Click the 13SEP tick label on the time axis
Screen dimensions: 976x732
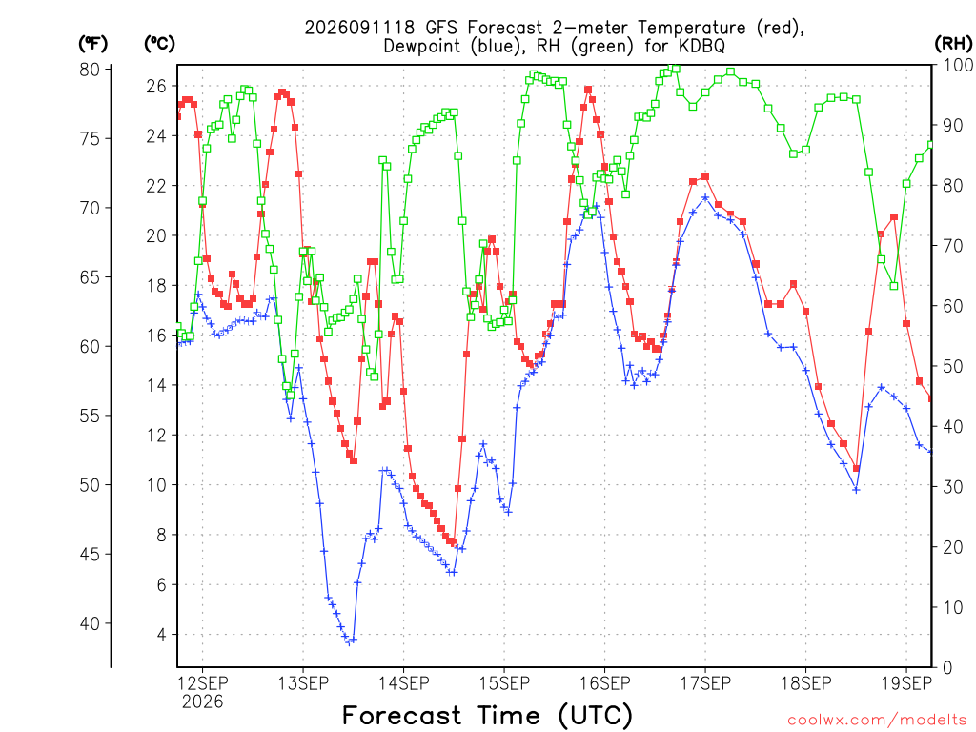(303, 683)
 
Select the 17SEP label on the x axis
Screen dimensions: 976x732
(705, 683)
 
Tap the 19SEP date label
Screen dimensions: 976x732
(907, 683)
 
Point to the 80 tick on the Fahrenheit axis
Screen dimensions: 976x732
(90, 69)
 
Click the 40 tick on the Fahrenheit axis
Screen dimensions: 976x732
(90, 623)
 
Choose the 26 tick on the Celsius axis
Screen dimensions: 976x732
(156, 86)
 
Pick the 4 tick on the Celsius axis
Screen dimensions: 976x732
(162, 635)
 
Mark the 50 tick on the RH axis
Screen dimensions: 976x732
(953, 366)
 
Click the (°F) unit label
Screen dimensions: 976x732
(92, 44)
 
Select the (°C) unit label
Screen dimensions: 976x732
(159, 44)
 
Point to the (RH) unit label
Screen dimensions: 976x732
(953, 43)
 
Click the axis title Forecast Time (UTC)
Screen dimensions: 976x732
(487, 715)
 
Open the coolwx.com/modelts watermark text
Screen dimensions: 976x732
(877, 720)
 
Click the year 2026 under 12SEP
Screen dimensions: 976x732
(202, 702)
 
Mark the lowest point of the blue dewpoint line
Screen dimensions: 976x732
(349, 642)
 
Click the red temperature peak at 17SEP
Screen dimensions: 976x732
(705, 176)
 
